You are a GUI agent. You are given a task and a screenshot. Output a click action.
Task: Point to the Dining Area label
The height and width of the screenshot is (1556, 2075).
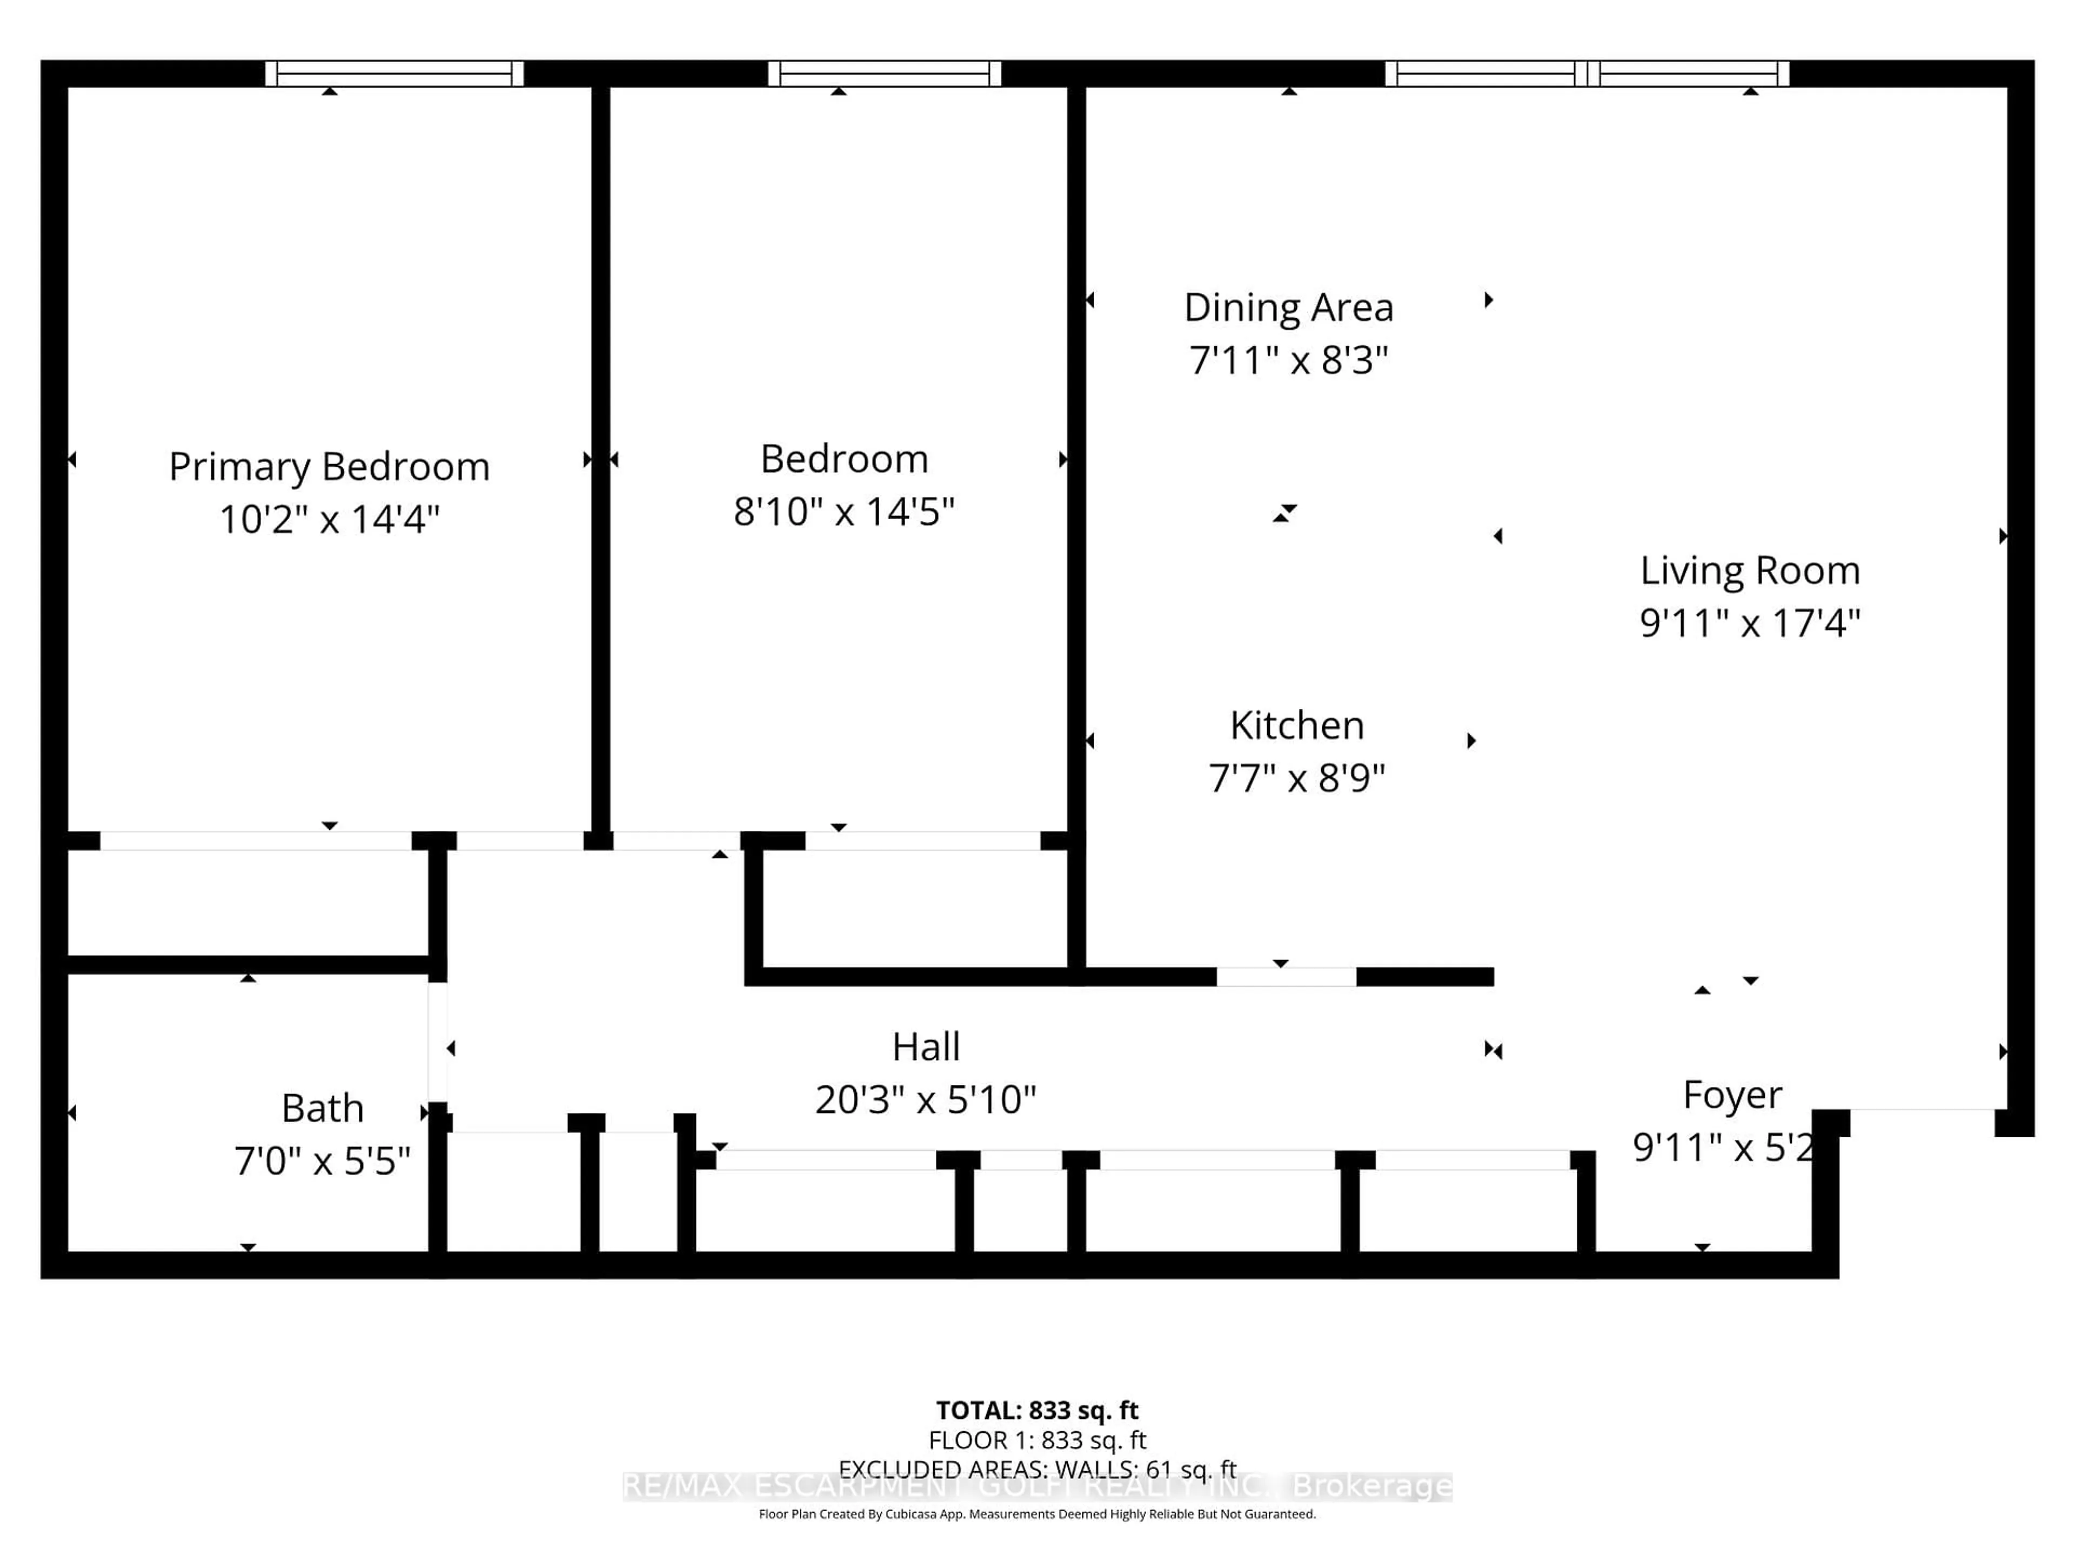pos(1288,307)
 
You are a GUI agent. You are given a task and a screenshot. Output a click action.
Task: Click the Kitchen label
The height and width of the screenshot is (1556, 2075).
pos(1296,725)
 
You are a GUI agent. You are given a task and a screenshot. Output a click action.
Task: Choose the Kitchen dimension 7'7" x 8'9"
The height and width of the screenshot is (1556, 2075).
pos(1296,777)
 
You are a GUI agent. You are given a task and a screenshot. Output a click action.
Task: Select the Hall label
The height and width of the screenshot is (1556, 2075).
pos(926,1047)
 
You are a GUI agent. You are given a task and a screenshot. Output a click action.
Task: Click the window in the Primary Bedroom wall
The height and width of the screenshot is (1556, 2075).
pos(394,73)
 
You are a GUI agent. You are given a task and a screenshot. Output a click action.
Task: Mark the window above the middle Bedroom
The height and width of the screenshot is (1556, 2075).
pos(885,73)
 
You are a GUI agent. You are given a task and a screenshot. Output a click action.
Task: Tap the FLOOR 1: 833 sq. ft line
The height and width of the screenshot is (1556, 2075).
pos(1036,1440)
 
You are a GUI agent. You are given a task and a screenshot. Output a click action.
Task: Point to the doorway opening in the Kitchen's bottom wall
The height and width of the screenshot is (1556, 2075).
pos(1286,976)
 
